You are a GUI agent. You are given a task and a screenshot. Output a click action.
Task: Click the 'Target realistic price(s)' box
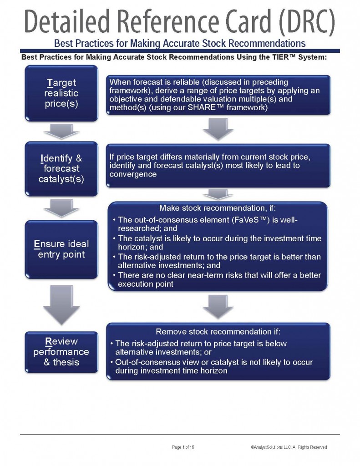[x=61, y=93]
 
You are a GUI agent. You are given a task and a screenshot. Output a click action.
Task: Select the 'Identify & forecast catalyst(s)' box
[x=61, y=169]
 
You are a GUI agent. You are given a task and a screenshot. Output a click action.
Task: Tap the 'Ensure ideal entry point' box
[x=61, y=249]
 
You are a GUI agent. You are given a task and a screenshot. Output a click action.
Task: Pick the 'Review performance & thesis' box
[x=61, y=352]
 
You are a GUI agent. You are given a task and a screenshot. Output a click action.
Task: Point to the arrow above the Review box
[x=61, y=304]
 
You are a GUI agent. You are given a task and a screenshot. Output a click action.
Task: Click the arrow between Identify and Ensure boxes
[x=61, y=208]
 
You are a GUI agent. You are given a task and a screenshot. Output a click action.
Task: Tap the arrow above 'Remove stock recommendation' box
[x=218, y=307]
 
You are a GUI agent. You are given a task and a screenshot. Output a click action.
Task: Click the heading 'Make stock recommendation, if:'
[x=218, y=208]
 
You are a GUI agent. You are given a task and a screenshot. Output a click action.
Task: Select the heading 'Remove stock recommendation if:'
[x=218, y=332]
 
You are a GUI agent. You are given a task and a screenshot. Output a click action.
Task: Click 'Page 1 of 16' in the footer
[x=183, y=447]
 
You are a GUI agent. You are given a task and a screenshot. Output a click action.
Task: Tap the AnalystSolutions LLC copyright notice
[x=289, y=447]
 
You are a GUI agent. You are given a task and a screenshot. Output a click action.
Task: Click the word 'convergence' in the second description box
[x=133, y=174]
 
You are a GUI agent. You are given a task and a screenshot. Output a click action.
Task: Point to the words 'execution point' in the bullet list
[x=146, y=284]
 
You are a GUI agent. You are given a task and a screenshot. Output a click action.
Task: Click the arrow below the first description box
[x=218, y=129]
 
